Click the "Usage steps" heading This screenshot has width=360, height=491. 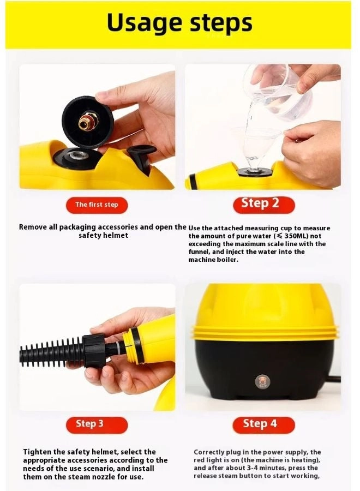(179, 23)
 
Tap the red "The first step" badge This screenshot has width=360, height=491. (96, 205)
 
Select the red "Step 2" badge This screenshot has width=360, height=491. (260, 204)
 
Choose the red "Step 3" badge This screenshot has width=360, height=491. (89, 424)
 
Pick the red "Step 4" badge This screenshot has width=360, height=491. (260, 424)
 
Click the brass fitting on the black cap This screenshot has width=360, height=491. (86, 123)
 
